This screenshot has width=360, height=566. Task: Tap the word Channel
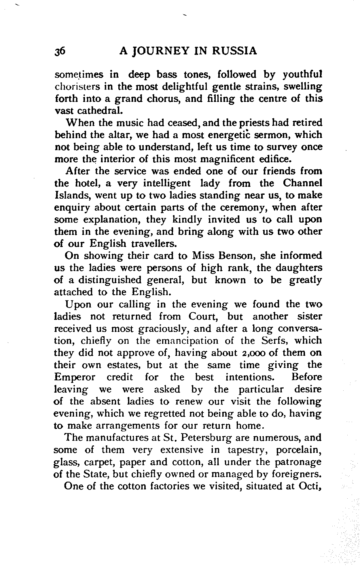pyautogui.click(x=302, y=183)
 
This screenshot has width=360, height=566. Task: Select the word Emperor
pyautogui.click(x=74, y=377)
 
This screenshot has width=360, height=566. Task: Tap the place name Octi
pyautogui.click(x=310, y=486)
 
